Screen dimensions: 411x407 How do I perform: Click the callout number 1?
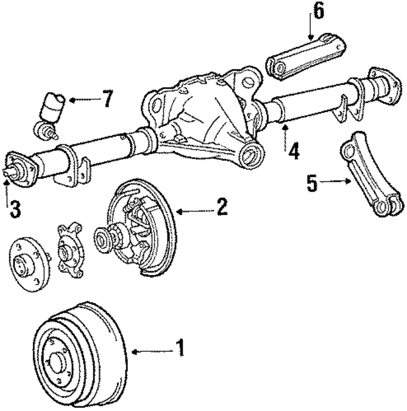pos(180,347)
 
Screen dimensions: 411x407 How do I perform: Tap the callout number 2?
pos(221,207)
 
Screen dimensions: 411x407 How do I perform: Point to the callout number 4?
pos(294,153)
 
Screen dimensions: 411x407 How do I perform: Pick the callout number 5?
pos(312,185)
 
